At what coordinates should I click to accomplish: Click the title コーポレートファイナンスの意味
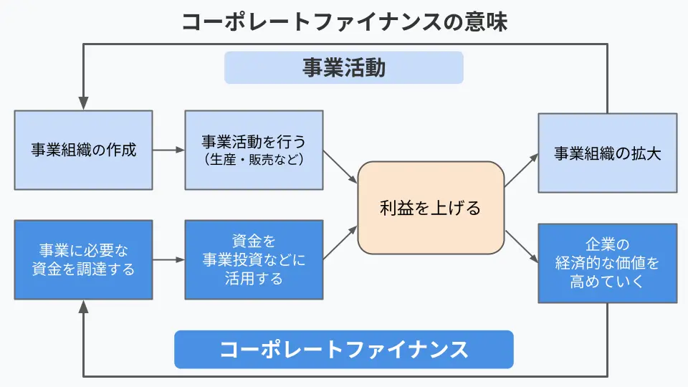[345, 21]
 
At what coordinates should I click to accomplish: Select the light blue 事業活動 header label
[343, 67]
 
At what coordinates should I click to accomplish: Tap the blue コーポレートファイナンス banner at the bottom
[343, 349]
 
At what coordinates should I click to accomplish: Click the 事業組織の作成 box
[83, 150]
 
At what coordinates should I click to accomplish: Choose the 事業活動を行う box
[254, 150]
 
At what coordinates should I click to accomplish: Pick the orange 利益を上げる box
[431, 208]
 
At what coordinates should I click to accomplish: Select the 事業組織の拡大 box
[607, 153]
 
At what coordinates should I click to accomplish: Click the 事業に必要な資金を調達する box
[83, 259]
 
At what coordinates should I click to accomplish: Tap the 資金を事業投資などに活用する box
[254, 259]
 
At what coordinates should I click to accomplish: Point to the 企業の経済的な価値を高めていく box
[607, 263]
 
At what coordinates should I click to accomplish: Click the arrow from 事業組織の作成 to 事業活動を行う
[168, 150]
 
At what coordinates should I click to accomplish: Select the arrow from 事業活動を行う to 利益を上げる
[340, 167]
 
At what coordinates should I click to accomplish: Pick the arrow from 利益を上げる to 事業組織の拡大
[521, 170]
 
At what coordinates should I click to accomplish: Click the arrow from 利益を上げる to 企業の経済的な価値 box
[522, 247]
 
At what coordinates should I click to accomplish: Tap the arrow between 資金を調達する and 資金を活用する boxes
[168, 259]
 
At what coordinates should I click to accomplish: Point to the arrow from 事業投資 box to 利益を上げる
[340, 243]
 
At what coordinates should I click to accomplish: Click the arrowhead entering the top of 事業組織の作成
[83, 103]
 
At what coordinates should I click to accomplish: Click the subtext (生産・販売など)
[254, 159]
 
